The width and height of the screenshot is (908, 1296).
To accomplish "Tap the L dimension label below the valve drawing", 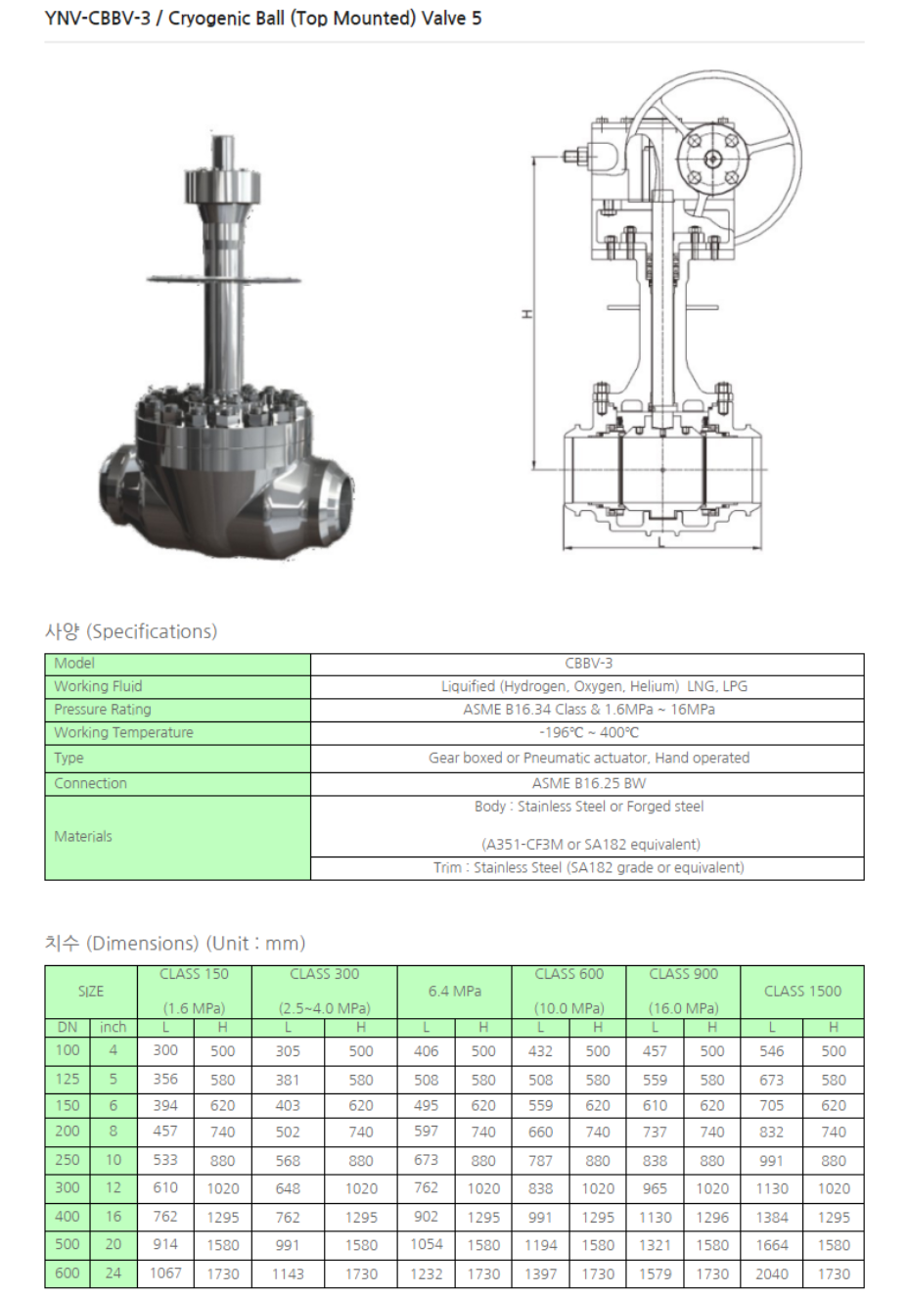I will [x=661, y=541].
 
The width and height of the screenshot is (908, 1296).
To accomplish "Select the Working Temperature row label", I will [x=123, y=732].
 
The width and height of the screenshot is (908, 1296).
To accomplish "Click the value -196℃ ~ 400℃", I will [x=588, y=732].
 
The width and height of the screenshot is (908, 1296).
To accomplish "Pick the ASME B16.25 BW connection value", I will [x=588, y=783].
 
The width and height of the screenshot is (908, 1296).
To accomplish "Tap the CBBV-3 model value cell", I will [x=588, y=663].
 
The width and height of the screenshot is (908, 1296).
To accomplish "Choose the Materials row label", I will [x=83, y=836].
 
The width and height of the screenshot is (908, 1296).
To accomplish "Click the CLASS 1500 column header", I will [x=802, y=991].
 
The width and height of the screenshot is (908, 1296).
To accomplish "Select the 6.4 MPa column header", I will [x=454, y=991].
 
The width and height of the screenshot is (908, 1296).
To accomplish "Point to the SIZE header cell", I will [x=91, y=991].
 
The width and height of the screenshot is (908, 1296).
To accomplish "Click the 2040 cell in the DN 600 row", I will [x=771, y=1273].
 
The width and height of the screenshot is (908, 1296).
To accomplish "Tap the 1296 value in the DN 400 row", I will [x=711, y=1217].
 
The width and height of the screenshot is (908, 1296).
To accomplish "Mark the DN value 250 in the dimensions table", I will [x=68, y=1160].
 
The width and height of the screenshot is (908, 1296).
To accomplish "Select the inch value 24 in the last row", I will [x=113, y=1273].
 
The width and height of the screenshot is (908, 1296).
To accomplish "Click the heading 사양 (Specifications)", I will [x=131, y=631].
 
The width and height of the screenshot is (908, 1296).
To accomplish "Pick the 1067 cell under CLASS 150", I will [x=165, y=1273].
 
